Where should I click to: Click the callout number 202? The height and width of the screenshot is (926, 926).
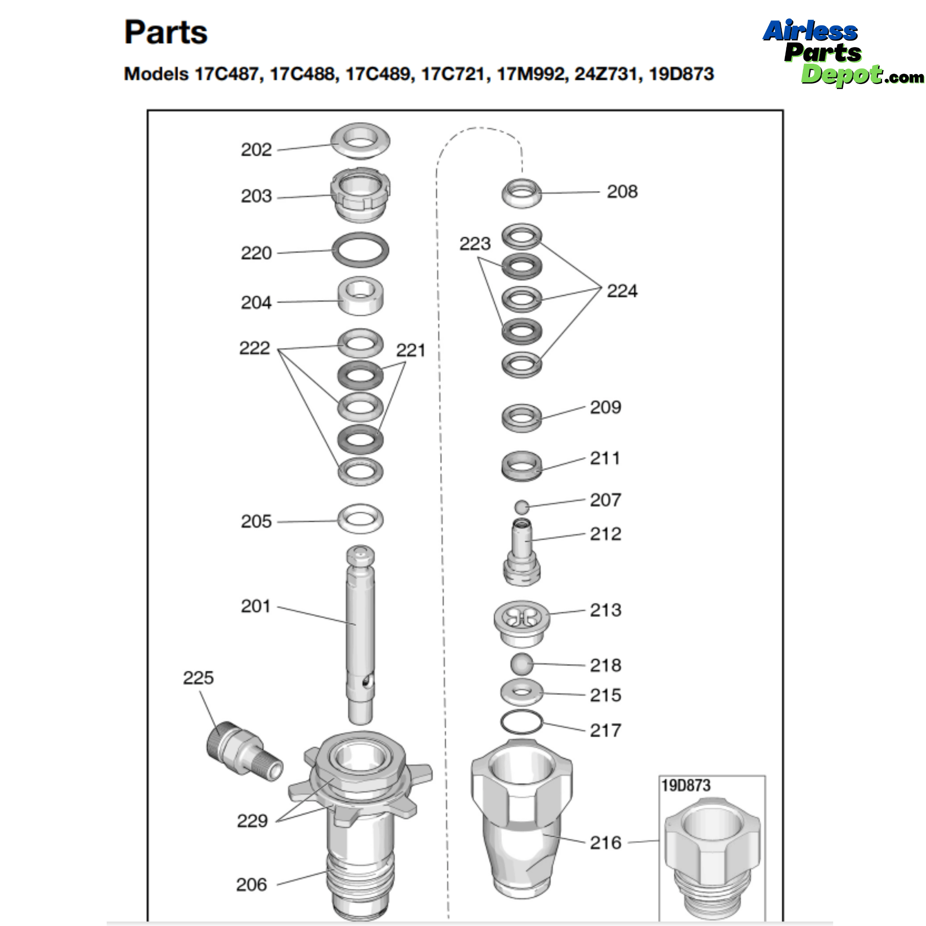(256, 150)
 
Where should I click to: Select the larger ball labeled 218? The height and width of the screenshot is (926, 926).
(521, 664)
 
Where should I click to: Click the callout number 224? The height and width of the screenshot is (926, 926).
(622, 291)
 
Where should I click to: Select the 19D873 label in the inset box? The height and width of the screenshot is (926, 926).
(685, 785)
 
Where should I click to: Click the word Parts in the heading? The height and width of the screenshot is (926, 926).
(166, 33)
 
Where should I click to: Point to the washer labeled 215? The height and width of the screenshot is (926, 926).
(521, 692)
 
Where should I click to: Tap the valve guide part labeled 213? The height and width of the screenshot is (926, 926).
(521, 622)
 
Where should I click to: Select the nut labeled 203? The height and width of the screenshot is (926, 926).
(360, 194)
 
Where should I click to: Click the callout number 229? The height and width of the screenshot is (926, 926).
(252, 821)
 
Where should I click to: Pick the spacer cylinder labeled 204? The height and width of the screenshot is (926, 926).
(360, 296)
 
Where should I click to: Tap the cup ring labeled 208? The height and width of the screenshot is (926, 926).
(521, 193)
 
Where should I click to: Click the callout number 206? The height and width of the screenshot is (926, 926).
(251, 885)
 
